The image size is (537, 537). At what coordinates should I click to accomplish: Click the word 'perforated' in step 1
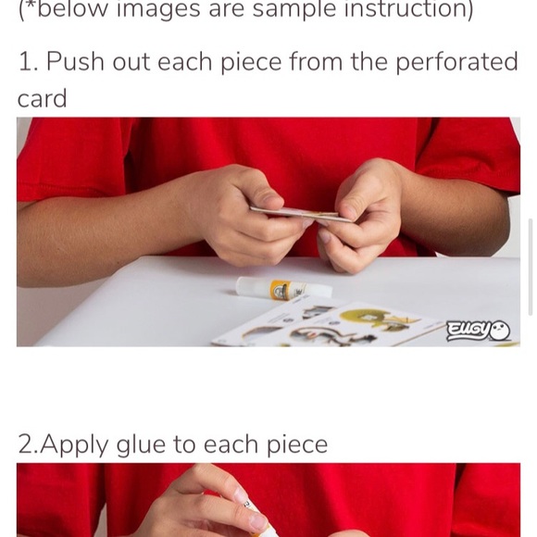click(x=456, y=62)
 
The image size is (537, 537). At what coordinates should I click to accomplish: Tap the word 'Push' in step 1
click(x=75, y=62)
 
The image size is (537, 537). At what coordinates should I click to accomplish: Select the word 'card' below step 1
click(x=42, y=99)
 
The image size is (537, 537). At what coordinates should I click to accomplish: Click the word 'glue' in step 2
click(x=141, y=445)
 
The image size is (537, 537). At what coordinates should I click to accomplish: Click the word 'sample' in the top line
click(x=294, y=9)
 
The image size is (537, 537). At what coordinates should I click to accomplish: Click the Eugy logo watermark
click(x=479, y=331)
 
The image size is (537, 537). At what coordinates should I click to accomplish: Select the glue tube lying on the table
click(x=283, y=287)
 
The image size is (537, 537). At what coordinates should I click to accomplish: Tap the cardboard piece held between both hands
click(x=301, y=214)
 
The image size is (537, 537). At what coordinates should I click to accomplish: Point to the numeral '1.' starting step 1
click(x=29, y=62)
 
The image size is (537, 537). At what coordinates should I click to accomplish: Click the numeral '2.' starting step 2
click(x=29, y=444)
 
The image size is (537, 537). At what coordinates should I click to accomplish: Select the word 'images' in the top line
click(x=158, y=9)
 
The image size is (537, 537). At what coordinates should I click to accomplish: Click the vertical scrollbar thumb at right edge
click(x=531, y=268)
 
